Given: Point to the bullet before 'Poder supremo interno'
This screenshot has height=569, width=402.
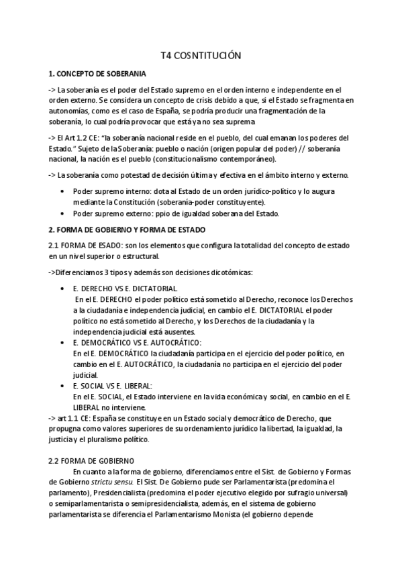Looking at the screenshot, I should tap(62, 191).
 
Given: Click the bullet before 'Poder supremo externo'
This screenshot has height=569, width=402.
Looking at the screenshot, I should tap(62, 213).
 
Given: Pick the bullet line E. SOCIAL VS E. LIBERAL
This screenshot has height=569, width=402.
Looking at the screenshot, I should tap(113, 386).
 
